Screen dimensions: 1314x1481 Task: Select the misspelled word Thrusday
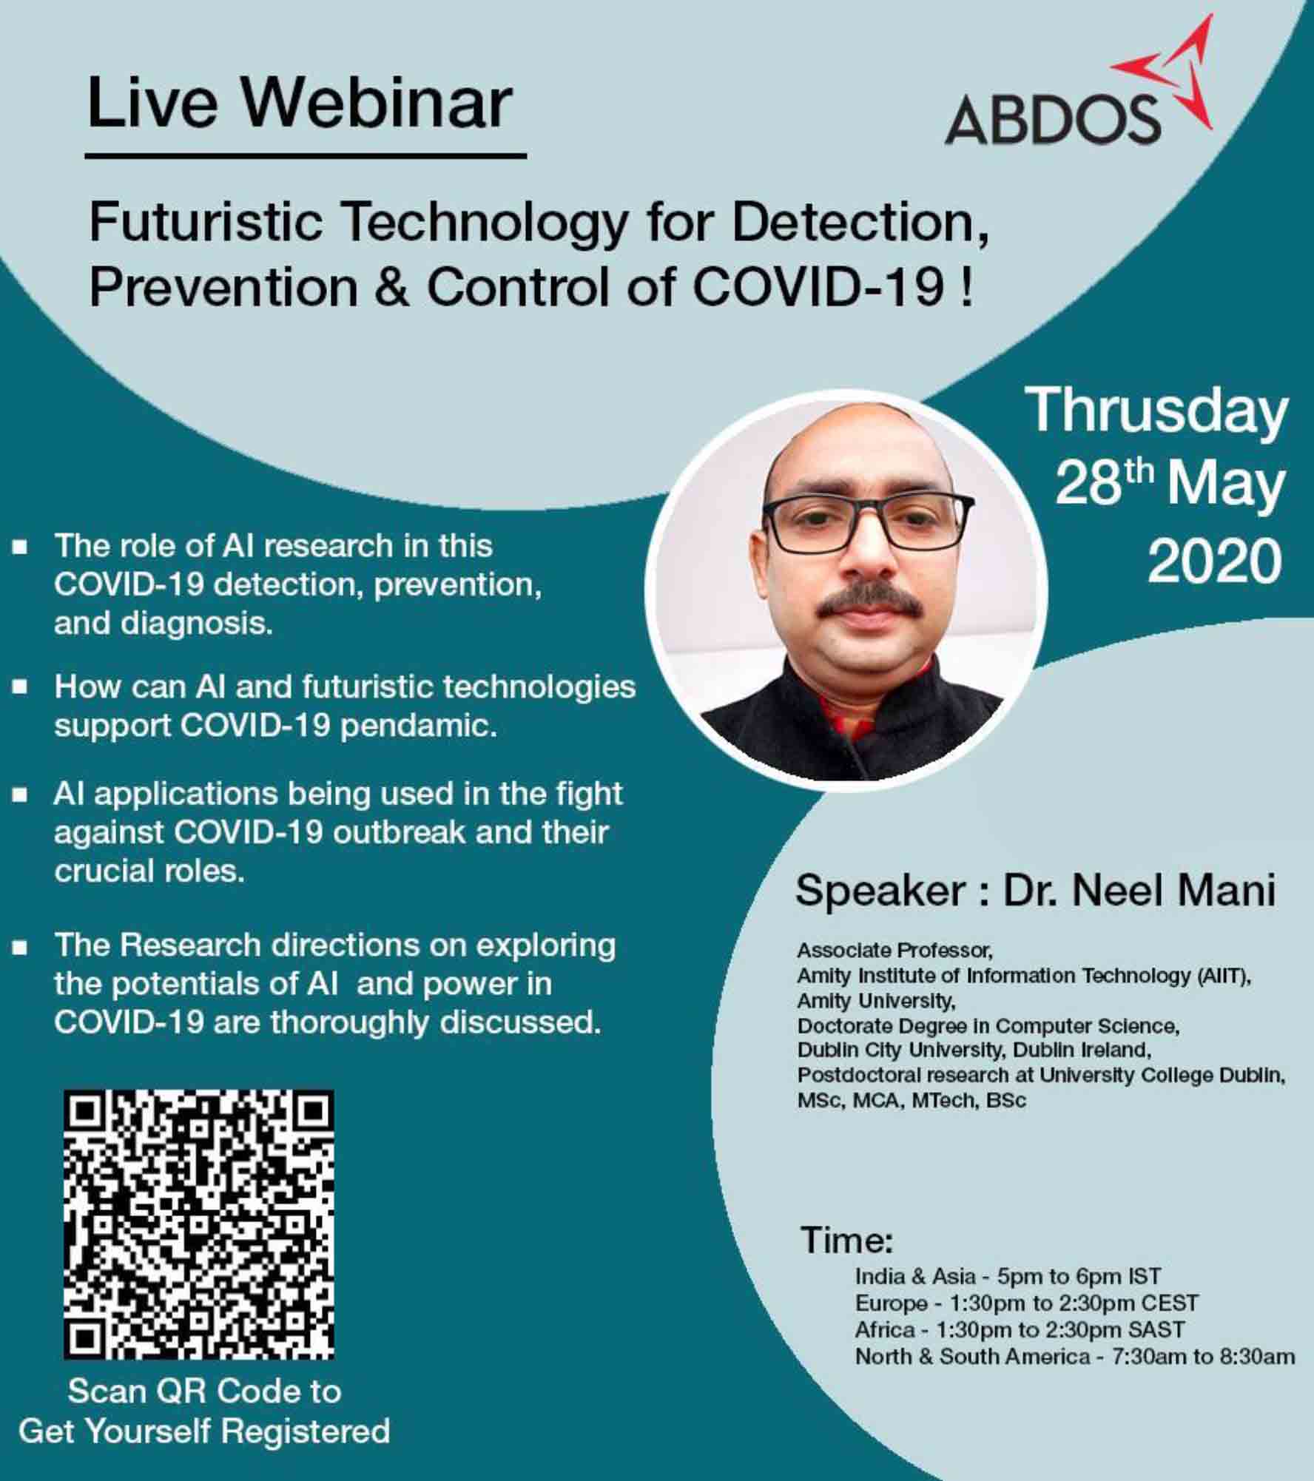(x=1156, y=411)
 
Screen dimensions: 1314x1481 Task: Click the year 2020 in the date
(x=1213, y=561)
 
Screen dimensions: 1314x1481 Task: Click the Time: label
(x=847, y=1241)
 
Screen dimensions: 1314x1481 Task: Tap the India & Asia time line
(x=1008, y=1276)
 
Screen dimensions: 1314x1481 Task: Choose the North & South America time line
(x=1075, y=1356)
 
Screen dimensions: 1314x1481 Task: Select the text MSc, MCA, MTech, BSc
(x=912, y=1100)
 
